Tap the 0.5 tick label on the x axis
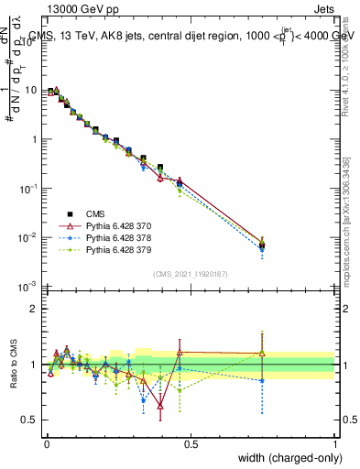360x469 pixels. pos(191,443)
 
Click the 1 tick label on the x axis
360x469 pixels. pos(335,443)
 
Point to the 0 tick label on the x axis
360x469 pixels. pos(46,443)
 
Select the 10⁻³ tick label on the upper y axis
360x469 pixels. pos(29,287)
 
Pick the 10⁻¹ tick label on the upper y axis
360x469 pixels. pos(29,189)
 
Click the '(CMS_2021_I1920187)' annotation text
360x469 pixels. pos(190,273)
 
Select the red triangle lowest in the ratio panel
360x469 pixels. pos(160,405)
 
